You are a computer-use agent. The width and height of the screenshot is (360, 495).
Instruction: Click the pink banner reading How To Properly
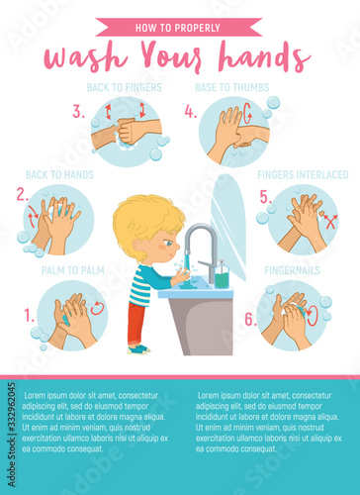pos(179,27)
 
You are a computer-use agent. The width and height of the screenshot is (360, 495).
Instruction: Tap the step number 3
pos(78,112)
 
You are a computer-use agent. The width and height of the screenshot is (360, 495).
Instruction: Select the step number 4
pos(191,112)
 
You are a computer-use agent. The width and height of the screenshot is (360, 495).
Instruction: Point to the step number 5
pos(266,197)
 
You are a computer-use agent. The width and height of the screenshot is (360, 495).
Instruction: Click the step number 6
pos(250,320)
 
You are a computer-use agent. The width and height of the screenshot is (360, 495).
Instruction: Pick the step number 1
pos(30,316)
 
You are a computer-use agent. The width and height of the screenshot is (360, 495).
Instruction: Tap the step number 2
pos(23,194)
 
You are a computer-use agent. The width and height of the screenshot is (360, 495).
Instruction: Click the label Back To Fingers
pos(125,87)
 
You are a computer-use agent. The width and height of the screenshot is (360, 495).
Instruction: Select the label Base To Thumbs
pos(232,87)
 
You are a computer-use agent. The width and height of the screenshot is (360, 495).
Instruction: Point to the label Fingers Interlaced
pos(303,175)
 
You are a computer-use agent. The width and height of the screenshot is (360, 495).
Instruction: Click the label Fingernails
pos(292,270)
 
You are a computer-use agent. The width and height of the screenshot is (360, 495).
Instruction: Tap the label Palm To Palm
pos(73,270)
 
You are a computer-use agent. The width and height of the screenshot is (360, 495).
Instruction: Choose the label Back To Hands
pos(59,175)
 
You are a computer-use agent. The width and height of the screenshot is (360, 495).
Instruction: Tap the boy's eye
pos(169,244)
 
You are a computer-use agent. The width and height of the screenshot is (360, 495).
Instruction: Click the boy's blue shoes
pos(139,349)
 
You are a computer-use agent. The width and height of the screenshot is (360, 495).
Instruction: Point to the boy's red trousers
pos(136,324)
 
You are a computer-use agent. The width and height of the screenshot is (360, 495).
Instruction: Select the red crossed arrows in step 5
pos(330,222)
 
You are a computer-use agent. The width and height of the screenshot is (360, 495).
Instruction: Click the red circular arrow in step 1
pos(97,308)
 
